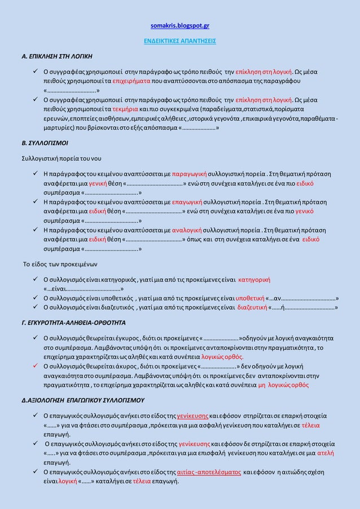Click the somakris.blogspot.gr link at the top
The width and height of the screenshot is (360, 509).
[180, 25]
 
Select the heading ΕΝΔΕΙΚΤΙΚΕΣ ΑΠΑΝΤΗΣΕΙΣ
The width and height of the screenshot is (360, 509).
[179, 41]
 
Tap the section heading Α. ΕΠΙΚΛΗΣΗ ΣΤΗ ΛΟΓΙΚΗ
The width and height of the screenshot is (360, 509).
[54, 57]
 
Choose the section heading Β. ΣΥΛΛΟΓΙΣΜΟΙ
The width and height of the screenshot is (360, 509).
[41, 141]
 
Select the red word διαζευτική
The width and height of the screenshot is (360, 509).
[252, 308]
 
